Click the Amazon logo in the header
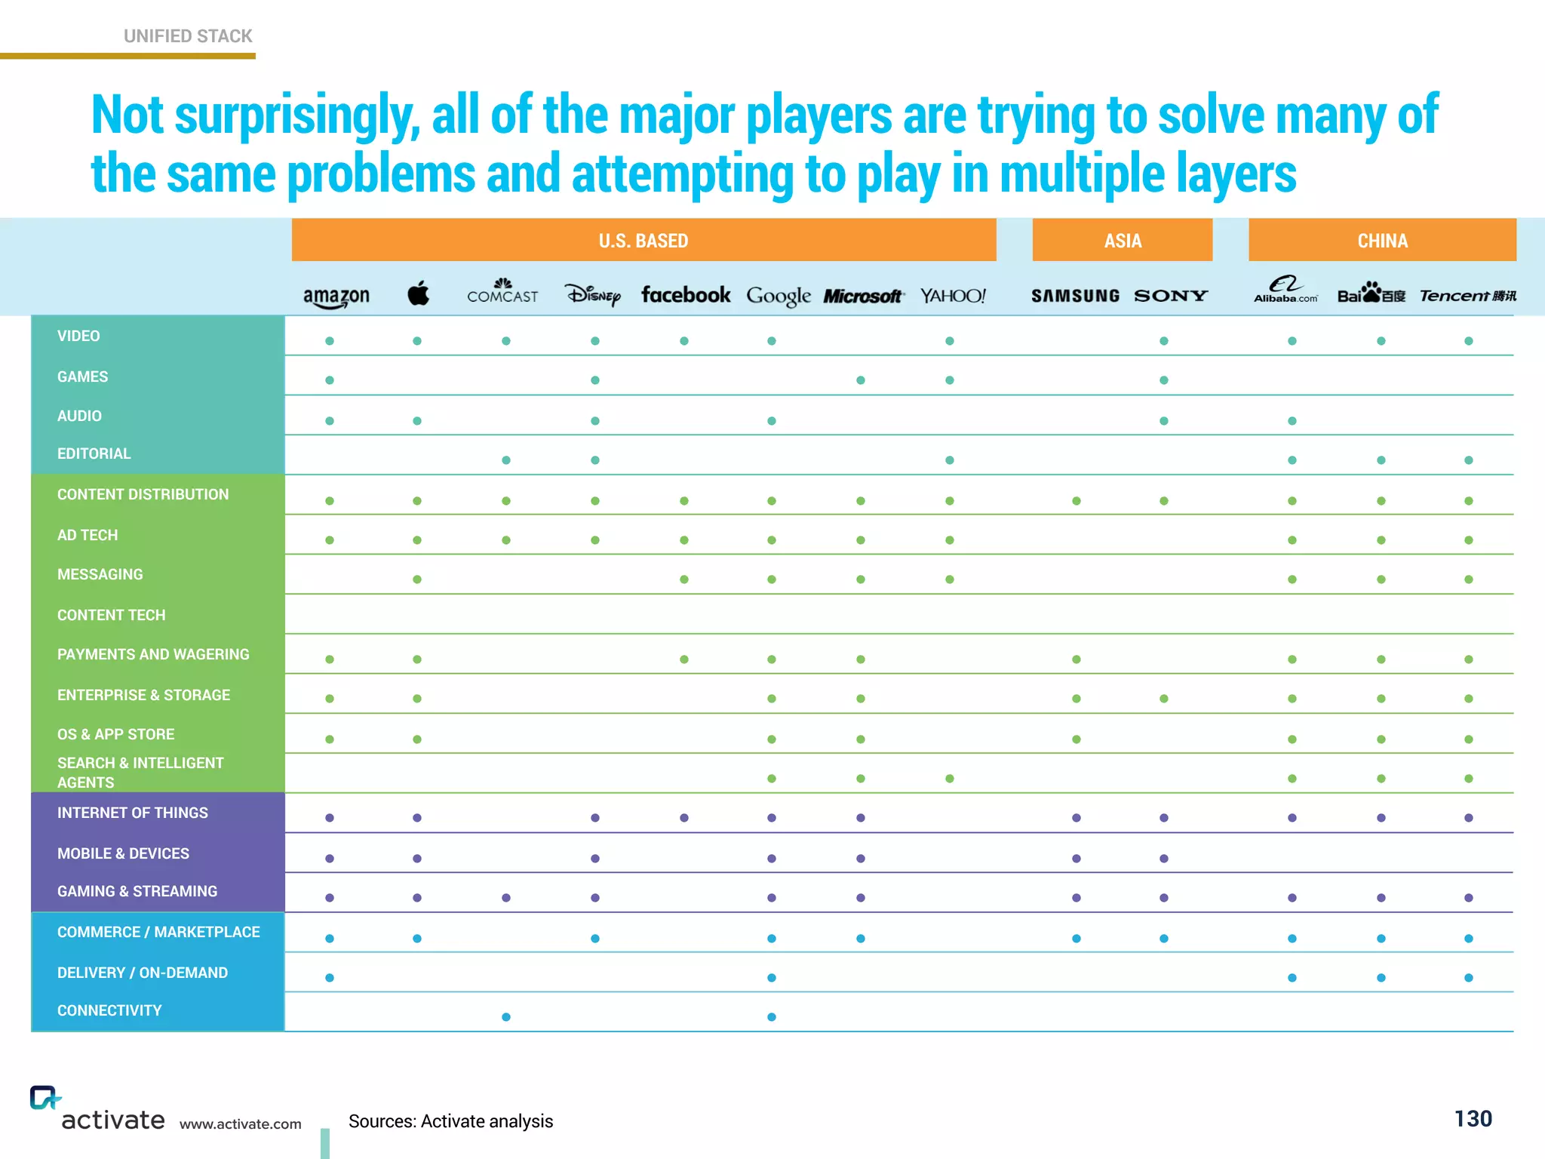(336, 296)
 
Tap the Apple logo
(419, 294)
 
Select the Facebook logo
(685, 295)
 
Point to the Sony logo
(1171, 296)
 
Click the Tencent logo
(1467, 296)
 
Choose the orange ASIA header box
(1122, 241)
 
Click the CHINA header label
(1382, 241)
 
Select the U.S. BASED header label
(643, 241)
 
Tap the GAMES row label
(83, 377)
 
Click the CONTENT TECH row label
(112, 615)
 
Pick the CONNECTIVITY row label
(109, 1010)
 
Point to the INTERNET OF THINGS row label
(133, 813)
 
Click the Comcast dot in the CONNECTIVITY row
(506, 1017)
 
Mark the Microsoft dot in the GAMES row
(861, 380)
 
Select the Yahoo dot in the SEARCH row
(950, 779)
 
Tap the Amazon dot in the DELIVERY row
(330, 978)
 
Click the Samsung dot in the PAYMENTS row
(1077, 659)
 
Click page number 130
(1473, 1118)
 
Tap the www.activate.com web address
(241, 1124)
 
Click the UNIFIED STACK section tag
(188, 36)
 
